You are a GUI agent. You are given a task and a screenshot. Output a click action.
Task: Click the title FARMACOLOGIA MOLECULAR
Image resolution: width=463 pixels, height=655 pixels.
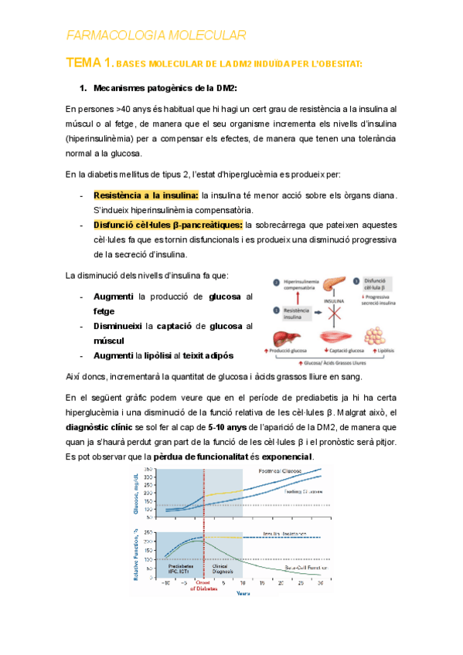pyautogui.click(x=156, y=35)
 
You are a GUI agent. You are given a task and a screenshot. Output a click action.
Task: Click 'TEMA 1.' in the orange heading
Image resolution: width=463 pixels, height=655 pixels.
pyautogui.click(x=90, y=62)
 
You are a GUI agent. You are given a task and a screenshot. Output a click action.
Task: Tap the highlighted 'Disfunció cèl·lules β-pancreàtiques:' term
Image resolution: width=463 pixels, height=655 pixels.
pyautogui.click(x=168, y=225)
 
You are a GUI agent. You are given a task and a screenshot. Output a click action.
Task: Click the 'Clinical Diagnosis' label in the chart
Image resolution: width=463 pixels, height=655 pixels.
pyautogui.click(x=223, y=568)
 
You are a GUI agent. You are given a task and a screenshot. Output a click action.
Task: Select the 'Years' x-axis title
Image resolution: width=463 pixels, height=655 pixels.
pyautogui.click(x=243, y=594)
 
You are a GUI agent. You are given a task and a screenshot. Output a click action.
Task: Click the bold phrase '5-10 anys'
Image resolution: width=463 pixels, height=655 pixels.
pyautogui.click(x=228, y=427)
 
